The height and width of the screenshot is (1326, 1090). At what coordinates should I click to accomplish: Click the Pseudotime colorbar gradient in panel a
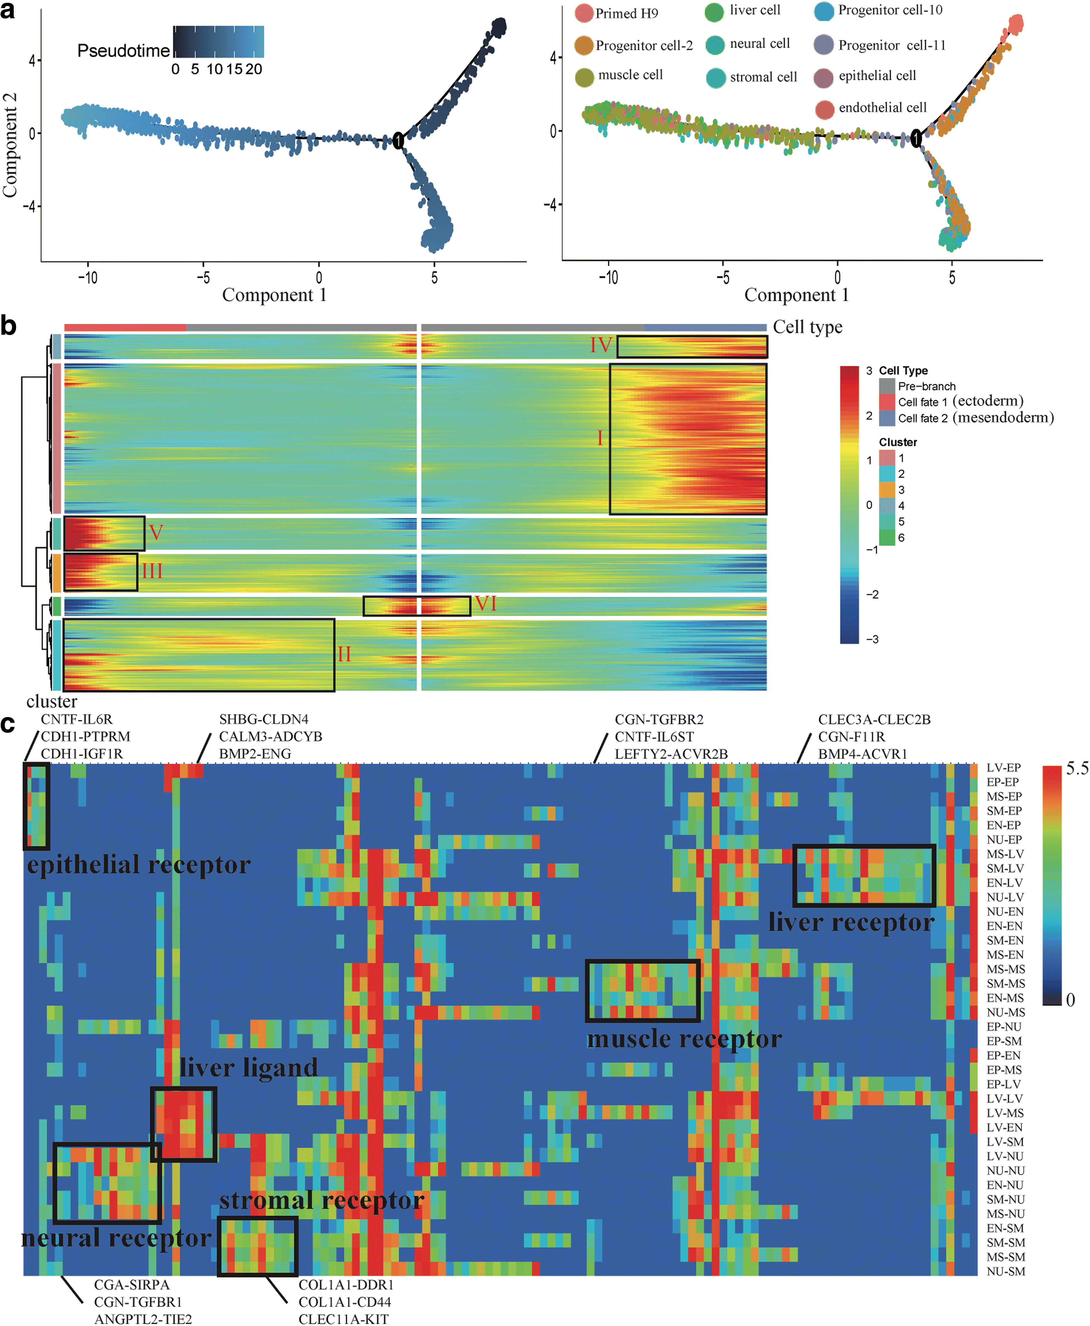tap(219, 42)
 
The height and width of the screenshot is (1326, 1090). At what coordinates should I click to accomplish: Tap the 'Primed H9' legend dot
tap(584, 13)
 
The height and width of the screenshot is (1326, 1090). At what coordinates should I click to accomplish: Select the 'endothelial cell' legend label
tap(882, 108)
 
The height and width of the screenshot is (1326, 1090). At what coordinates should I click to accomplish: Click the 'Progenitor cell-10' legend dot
tap(824, 11)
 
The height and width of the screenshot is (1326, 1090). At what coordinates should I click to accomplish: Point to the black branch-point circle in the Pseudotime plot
tap(398, 141)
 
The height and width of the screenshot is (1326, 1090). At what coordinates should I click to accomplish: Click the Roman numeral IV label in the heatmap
tap(601, 345)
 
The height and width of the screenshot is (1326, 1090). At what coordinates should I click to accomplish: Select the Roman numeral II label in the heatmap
tap(344, 654)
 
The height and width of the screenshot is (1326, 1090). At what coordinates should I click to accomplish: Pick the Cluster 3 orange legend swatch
tap(887, 490)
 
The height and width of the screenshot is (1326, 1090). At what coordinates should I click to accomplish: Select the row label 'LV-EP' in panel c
tap(1003, 768)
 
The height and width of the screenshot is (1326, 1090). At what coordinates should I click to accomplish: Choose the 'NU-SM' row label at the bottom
tap(1005, 1271)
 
